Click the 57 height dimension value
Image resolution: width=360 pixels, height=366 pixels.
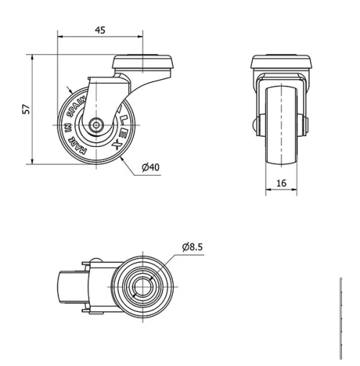[x=26, y=110]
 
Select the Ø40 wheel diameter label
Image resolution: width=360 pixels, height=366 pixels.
[x=150, y=167]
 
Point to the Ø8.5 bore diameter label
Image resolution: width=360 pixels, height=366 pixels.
[x=193, y=247]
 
